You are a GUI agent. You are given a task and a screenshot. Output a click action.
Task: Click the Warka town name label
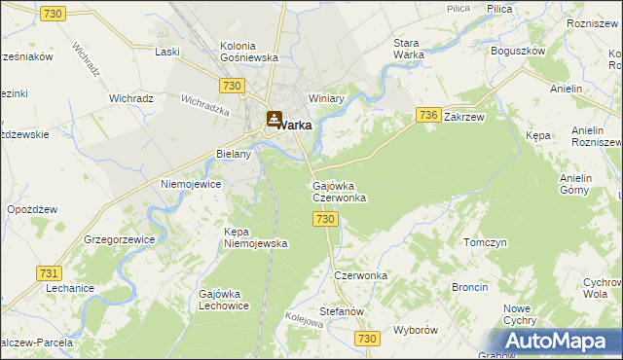[296, 125]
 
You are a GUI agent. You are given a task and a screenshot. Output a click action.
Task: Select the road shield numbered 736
[429, 115]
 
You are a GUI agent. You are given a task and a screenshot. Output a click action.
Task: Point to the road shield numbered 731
[50, 273]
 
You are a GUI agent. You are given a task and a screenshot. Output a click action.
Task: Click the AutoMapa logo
[561, 342]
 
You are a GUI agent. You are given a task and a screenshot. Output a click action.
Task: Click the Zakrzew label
[463, 116]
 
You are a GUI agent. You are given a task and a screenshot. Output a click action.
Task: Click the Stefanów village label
[341, 311]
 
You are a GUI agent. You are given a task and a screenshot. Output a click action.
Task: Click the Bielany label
[234, 154]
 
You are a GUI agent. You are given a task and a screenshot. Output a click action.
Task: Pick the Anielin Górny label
[583, 185]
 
